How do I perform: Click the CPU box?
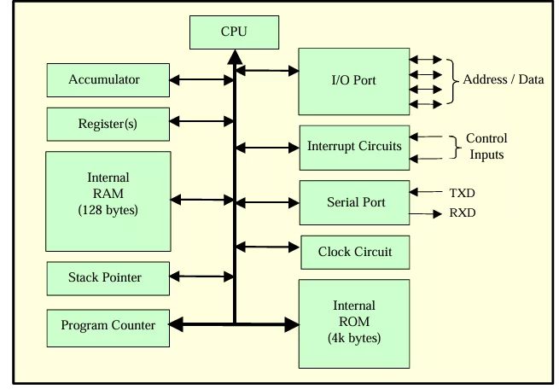(x=234, y=32)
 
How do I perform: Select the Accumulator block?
(x=108, y=80)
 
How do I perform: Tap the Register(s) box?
(x=108, y=124)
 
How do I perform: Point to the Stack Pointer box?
(x=108, y=278)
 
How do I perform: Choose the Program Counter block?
(x=108, y=328)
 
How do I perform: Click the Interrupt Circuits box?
(x=354, y=148)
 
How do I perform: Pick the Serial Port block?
(x=354, y=202)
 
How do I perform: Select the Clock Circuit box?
(x=355, y=252)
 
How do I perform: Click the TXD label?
(x=462, y=193)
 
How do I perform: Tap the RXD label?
(x=463, y=212)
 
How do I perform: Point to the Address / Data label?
(x=504, y=79)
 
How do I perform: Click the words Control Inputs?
(x=486, y=146)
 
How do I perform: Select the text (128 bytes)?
(x=108, y=210)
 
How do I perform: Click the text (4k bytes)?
(x=354, y=338)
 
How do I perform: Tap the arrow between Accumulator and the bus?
(x=201, y=80)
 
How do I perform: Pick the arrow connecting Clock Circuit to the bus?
(x=267, y=247)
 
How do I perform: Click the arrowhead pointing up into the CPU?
(x=235, y=57)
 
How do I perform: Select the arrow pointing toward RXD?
(x=425, y=214)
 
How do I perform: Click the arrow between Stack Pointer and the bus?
(x=201, y=276)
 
